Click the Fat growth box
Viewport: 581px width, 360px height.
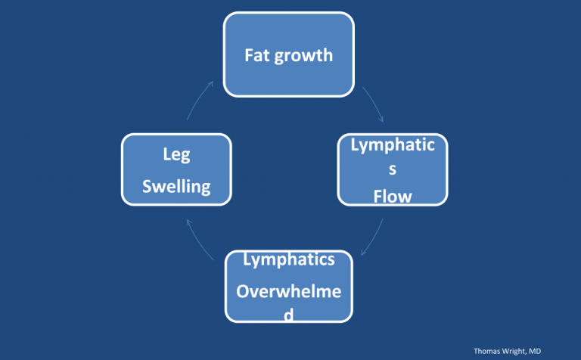click(x=289, y=54)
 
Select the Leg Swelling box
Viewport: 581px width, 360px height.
click(x=176, y=170)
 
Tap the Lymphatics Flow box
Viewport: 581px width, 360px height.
click(x=393, y=170)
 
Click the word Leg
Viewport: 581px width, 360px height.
click(x=176, y=155)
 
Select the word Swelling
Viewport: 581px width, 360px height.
click(x=176, y=186)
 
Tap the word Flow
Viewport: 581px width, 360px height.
click(x=393, y=197)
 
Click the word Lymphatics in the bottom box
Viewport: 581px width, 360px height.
click(x=289, y=260)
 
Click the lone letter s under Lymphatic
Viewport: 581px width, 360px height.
click(x=393, y=171)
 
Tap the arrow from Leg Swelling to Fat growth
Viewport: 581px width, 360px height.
click(x=200, y=103)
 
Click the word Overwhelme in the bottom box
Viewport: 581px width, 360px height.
click(x=289, y=291)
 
